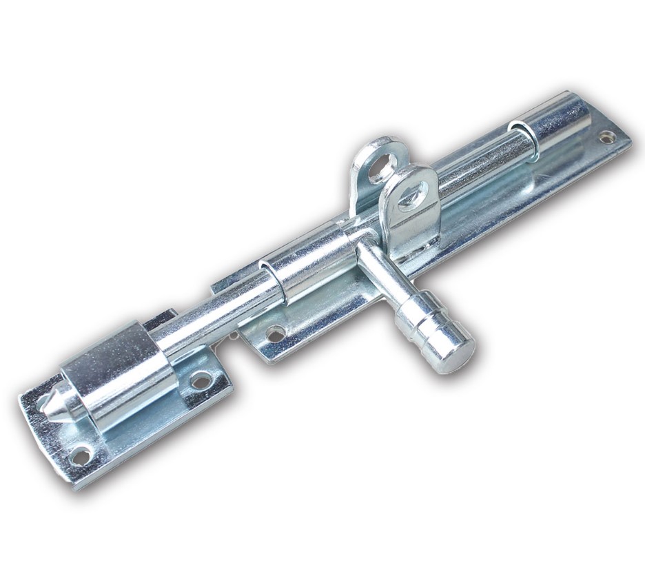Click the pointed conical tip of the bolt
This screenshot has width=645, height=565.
50,407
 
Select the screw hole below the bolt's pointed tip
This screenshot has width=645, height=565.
81,455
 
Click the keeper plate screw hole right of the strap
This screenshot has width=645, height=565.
201,380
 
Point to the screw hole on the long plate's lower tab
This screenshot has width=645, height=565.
276,334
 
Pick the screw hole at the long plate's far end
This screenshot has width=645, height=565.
607,138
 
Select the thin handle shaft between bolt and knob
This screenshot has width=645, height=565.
383,275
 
